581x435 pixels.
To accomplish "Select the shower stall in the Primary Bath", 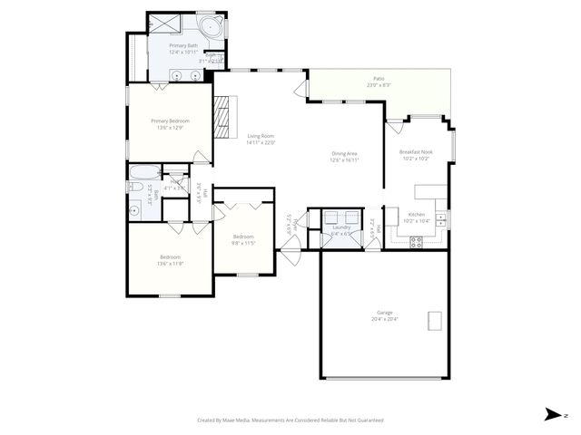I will pyautogui.click(x=162, y=24).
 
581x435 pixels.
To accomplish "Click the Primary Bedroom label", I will pyautogui.click(x=170, y=121).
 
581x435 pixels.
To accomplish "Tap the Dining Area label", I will pyautogui.click(x=344, y=154).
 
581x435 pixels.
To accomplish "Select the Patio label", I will pyautogui.click(x=378, y=79).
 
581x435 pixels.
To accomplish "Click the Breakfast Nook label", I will pyautogui.click(x=415, y=152).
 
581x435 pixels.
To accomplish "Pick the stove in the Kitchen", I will pyautogui.click(x=418, y=241).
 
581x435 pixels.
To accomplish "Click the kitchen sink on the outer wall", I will pyautogui.click(x=440, y=218).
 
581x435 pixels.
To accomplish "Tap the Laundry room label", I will pyautogui.click(x=340, y=228).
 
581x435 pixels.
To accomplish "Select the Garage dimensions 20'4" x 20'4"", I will pyautogui.click(x=385, y=319).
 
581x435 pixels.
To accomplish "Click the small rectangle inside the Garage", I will pyautogui.click(x=435, y=321).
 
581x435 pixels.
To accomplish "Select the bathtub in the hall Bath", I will pyautogui.click(x=144, y=173).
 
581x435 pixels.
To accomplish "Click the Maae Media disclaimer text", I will pyautogui.click(x=290, y=420).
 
